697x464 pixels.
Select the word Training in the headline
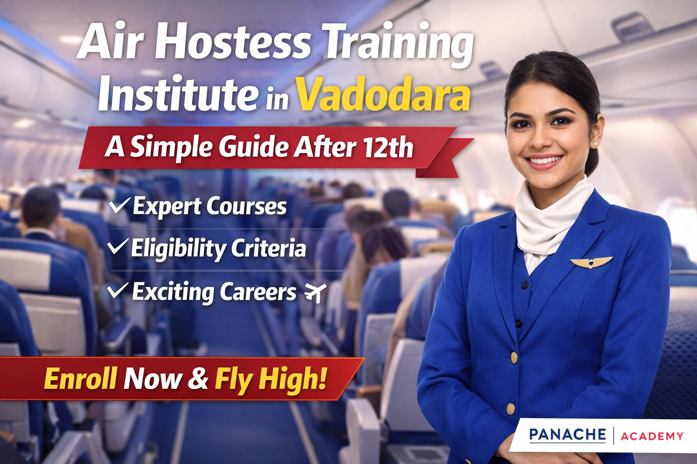399,43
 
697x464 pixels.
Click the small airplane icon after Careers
315,292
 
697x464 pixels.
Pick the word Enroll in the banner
81,378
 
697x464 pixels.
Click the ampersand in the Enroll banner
198,378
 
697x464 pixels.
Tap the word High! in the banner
293,378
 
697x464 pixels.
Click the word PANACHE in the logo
567,435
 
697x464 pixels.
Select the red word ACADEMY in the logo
652,436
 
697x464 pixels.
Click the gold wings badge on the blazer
591,262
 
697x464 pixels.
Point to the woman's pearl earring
595,144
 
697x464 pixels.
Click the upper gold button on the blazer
514,358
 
